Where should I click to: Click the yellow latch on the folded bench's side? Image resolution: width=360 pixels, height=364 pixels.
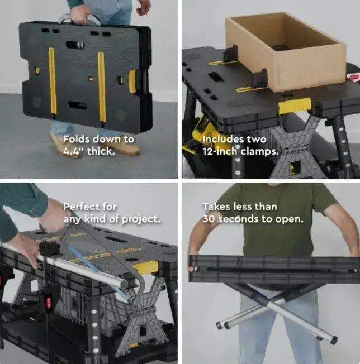point(132,81)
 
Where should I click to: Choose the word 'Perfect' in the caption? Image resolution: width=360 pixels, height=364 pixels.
point(82,207)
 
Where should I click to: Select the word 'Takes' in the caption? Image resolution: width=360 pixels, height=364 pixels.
point(215,207)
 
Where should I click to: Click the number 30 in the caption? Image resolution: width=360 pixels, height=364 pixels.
point(209,218)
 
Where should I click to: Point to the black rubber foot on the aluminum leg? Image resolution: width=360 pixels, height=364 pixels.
point(334,339)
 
